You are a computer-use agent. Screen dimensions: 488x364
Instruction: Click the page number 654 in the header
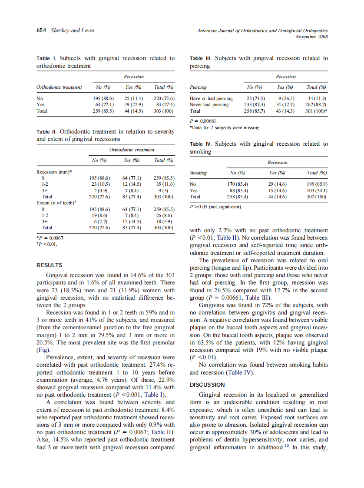coord(42,30)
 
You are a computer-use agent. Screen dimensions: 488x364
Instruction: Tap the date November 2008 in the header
coord(311,37)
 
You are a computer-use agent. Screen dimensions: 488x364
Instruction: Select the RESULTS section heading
coord(49,265)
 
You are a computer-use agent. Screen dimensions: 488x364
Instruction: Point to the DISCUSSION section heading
coord(207,384)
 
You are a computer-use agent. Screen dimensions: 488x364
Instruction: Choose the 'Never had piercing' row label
coord(209,105)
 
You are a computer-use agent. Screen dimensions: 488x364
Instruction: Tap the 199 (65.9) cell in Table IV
coord(317,184)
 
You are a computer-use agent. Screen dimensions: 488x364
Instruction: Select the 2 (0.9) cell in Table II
coord(99,191)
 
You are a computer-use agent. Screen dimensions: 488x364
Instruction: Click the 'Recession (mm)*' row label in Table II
coord(54,172)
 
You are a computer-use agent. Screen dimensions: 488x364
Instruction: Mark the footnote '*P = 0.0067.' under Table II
coord(51,237)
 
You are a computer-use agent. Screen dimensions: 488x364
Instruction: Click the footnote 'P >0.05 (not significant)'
coord(216,207)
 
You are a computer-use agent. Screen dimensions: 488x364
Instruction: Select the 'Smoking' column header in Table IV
coord(198,173)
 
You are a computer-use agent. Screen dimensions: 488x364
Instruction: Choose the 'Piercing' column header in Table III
coord(198,87)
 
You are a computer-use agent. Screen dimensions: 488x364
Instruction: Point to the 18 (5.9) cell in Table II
coord(165,221)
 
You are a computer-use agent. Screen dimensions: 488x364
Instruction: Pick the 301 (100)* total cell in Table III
coord(317,111)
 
